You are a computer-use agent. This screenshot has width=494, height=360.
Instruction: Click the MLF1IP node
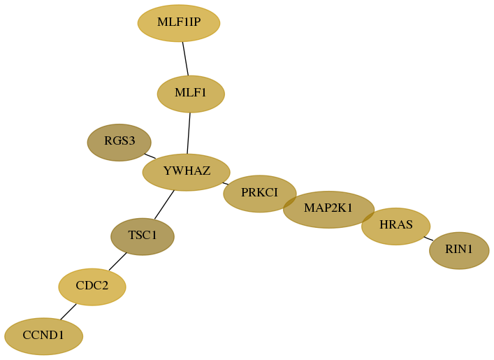pyautogui.click(x=179, y=23)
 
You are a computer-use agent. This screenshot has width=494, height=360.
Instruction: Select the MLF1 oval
pyautogui.click(x=191, y=94)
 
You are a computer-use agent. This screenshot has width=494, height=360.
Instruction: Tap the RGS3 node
pyautogui.click(x=119, y=143)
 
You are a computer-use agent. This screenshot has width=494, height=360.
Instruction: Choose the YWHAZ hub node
pyautogui.click(x=187, y=173)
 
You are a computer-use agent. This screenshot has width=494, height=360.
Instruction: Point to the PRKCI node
pyautogui.click(x=260, y=194)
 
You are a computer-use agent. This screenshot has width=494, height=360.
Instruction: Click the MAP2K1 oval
pyautogui.click(x=329, y=210)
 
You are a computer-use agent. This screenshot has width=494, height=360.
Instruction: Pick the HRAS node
pyautogui.click(x=396, y=226)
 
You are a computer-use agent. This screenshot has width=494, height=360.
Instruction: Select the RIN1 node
pyautogui.click(x=459, y=251)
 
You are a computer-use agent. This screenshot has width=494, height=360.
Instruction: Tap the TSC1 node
pyautogui.click(x=143, y=237)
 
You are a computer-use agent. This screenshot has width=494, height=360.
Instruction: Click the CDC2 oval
pyautogui.click(x=92, y=287)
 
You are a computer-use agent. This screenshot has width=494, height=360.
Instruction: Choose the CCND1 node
pyautogui.click(x=44, y=336)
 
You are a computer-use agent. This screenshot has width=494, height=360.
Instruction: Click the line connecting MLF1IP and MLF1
pyautogui.click(x=185, y=59)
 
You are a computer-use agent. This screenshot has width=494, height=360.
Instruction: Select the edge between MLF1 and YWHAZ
pyautogui.click(x=189, y=134)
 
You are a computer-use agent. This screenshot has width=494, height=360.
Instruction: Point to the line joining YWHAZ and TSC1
pyautogui.click(x=164, y=205)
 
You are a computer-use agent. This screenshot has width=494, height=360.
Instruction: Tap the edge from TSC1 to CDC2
pyautogui.click(x=118, y=261)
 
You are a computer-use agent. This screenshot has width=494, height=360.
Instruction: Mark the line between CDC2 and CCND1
pyautogui.click(x=68, y=312)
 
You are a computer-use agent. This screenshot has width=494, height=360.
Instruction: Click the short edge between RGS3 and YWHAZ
pyautogui.click(x=150, y=156)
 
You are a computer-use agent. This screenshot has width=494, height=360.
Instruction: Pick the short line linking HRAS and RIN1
pyautogui.click(x=428, y=238)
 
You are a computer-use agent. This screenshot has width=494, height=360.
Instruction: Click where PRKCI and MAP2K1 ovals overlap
pyautogui.click(x=290, y=202)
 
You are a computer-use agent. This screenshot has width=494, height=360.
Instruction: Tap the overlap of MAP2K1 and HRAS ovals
pyautogui.click(x=368, y=217)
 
